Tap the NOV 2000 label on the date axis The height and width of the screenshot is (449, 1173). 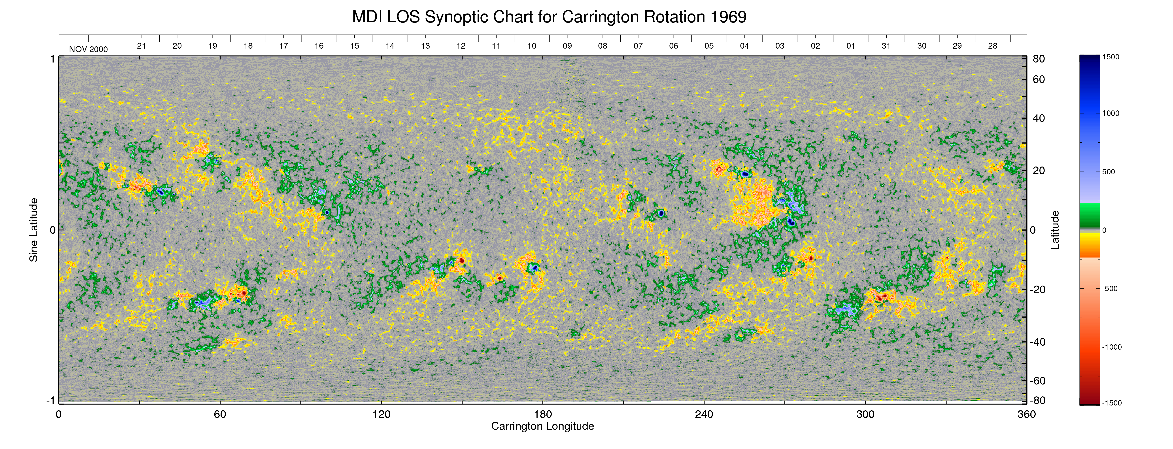(88, 49)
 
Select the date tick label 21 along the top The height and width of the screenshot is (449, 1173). (142, 46)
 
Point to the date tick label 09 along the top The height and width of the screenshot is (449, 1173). (567, 46)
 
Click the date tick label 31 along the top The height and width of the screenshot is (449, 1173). (886, 46)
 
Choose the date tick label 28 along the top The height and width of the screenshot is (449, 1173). (993, 46)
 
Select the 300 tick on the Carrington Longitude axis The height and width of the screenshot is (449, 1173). (865, 414)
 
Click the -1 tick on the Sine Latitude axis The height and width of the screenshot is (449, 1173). (51, 400)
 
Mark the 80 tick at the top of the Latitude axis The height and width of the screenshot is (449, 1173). (1039, 59)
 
